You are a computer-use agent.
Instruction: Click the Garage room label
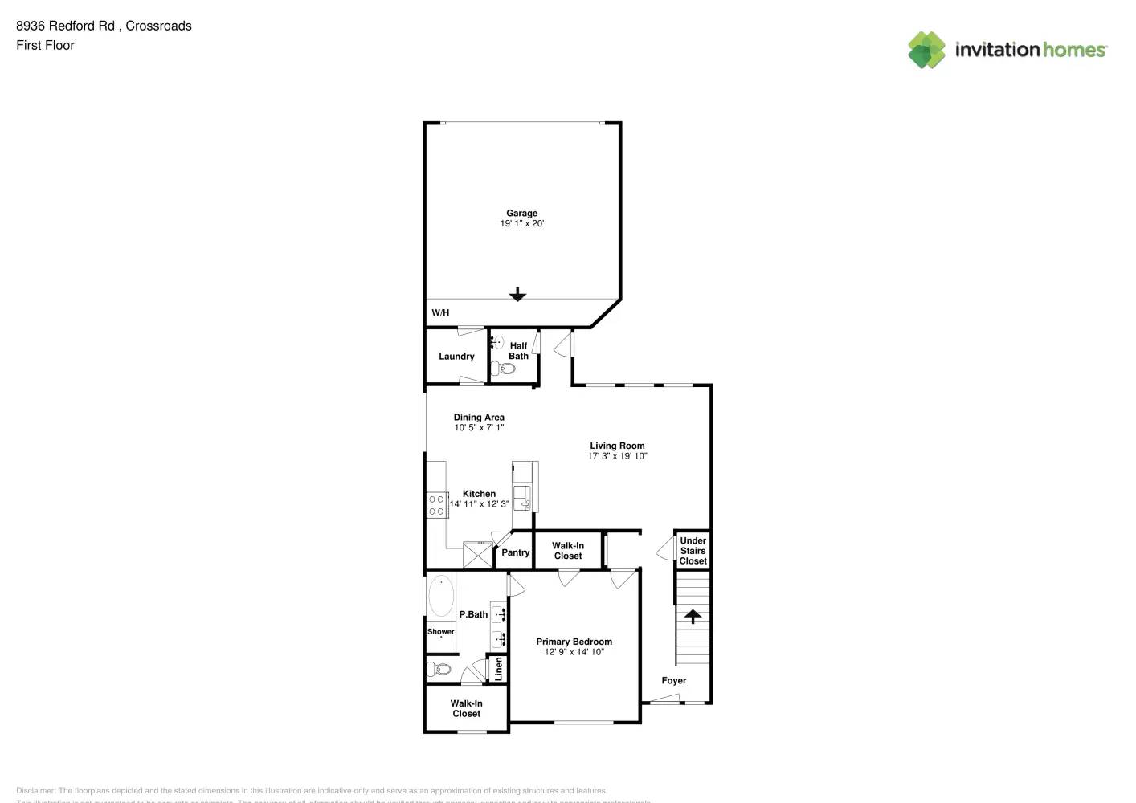coord(521,213)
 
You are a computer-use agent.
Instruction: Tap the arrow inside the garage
coord(517,295)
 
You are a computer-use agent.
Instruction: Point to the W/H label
coord(440,312)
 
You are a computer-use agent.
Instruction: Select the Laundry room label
coord(456,357)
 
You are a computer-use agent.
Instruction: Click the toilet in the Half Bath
coord(505,369)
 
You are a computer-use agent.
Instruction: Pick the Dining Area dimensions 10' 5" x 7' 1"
coord(479,428)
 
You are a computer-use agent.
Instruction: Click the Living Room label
coord(617,446)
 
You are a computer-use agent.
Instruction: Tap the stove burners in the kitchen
coord(437,505)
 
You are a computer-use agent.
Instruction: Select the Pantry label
coord(515,552)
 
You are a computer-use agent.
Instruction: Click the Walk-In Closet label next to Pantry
coord(568,551)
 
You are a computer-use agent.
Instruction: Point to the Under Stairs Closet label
coord(693,551)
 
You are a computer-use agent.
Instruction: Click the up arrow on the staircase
coord(693,616)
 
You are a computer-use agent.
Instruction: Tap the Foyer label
coord(673,680)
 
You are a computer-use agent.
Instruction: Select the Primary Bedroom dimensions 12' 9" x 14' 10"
coord(574,652)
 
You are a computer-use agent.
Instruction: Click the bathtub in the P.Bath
coord(440,596)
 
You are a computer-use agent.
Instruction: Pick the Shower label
coord(440,632)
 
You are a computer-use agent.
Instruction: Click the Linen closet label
coord(498,668)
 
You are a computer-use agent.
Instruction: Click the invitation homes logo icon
coord(926,50)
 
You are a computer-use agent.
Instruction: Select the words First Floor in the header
coord(45,45)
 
